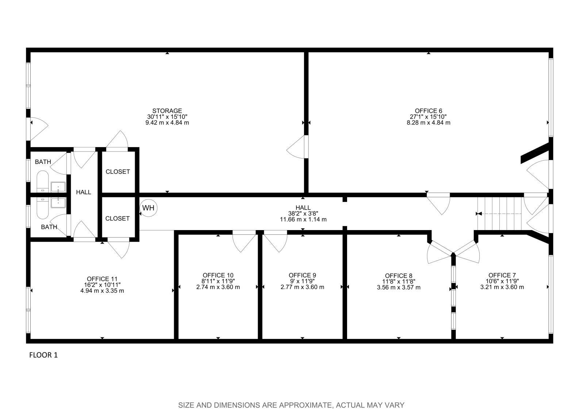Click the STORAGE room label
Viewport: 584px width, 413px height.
167,111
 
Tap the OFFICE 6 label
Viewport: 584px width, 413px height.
428,111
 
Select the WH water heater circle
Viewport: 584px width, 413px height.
148,208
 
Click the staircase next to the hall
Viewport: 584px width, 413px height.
500,213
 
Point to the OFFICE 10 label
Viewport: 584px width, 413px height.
218,275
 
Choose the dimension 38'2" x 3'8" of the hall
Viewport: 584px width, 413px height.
303,214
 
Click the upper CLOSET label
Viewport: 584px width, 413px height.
118,172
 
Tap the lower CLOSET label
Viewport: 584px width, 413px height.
118,218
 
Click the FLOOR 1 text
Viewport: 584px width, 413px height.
43,355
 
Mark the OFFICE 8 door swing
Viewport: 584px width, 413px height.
438,252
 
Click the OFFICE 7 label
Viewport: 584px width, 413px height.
502,275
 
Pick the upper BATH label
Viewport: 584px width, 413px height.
43,162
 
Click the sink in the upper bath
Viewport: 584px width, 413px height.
58,187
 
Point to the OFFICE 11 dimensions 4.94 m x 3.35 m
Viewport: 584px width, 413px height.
102,291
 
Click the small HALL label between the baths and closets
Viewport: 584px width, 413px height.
84,192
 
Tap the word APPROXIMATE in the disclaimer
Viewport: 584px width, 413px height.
305,405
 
